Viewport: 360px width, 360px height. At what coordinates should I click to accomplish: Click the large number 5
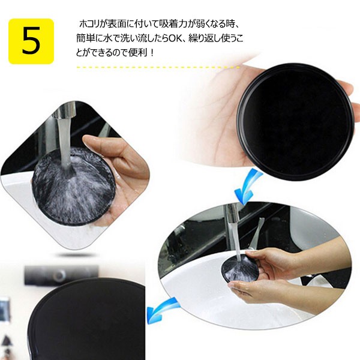click(x=31, y=41)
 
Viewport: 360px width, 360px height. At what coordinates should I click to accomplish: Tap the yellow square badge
click(x=31, y=41)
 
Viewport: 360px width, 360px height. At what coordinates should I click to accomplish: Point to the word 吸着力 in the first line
click(x=173, y=24)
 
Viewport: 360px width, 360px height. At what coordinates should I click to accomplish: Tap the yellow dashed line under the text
click(x=158, y=67)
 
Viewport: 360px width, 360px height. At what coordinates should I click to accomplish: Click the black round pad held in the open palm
click(x=295, y=122)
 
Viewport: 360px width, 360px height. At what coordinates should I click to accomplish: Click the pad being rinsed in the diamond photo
click(x=74, y=186)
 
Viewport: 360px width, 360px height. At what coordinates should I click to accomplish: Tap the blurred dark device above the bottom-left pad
click(x=62, y=275)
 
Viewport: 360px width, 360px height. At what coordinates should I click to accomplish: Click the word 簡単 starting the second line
click(x=86, y=38)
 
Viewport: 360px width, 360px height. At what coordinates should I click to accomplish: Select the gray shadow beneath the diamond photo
click(x=76, y=254)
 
